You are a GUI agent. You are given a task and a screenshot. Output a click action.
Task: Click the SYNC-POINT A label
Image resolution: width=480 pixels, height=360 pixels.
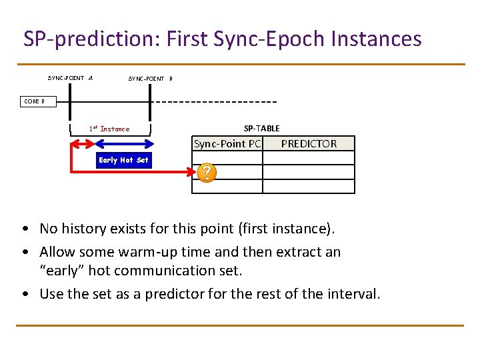coord(70,78)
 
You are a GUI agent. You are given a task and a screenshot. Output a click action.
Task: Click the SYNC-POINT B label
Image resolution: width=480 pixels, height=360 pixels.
coord(150,79)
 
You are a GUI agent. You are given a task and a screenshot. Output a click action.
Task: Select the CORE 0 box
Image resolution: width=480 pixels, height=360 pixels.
coord(34,101)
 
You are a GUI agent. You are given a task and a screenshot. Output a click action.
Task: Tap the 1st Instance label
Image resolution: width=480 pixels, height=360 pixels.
coord(109,129)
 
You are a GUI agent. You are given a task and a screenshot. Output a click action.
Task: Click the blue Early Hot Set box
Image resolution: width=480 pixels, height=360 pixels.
coord(123,160)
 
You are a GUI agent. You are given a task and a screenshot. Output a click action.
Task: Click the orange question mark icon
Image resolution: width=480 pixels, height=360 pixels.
coord(207,173)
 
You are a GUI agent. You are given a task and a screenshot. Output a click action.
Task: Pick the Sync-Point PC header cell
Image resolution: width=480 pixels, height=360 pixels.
coord(227,144)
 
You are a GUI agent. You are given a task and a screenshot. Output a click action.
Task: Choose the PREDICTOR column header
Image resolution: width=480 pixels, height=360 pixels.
coord(309,144)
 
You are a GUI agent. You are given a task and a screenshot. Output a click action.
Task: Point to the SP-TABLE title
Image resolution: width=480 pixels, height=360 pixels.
coord(261,129)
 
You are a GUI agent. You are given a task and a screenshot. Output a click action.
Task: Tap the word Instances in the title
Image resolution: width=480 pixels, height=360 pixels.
coord(376,39)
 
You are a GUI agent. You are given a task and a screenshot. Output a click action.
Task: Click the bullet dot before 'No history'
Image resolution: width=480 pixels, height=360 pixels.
coord(25,229)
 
